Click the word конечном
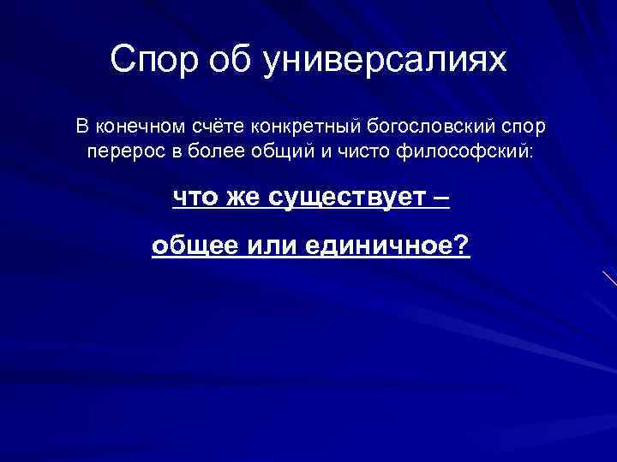(136, 127)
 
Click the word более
(201, 151)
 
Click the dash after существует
(440, 198)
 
